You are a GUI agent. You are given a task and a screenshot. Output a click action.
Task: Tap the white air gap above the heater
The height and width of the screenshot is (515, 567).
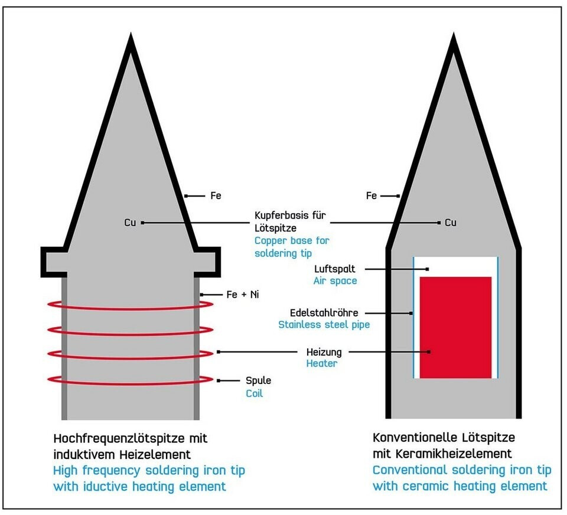(455, 266)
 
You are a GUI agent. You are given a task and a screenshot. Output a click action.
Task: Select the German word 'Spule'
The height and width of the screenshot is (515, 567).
(258, 380)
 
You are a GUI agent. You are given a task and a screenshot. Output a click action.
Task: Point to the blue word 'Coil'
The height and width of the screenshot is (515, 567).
(255, 393)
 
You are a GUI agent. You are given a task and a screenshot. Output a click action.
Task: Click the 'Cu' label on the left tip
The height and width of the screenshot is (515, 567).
(130, 223)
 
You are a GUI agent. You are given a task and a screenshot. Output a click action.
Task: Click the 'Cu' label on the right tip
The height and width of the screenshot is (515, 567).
(451, 223)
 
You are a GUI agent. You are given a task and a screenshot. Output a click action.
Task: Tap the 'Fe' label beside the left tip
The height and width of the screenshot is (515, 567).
(216, 195)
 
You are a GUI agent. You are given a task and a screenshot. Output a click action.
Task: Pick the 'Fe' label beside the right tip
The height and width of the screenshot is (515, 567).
(372, 195)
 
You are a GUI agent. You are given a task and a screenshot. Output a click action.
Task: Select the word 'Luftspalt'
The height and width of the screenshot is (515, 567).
(335, 269)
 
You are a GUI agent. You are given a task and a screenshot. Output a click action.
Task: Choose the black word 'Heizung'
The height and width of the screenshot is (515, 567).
(324, 351)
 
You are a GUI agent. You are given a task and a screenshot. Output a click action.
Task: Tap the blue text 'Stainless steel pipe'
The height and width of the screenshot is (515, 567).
(324, 324)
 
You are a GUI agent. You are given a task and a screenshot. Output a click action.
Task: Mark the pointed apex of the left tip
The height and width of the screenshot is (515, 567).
(131, 39)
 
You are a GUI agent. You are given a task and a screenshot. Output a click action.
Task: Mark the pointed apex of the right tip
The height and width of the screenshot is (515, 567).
(453, 39)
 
